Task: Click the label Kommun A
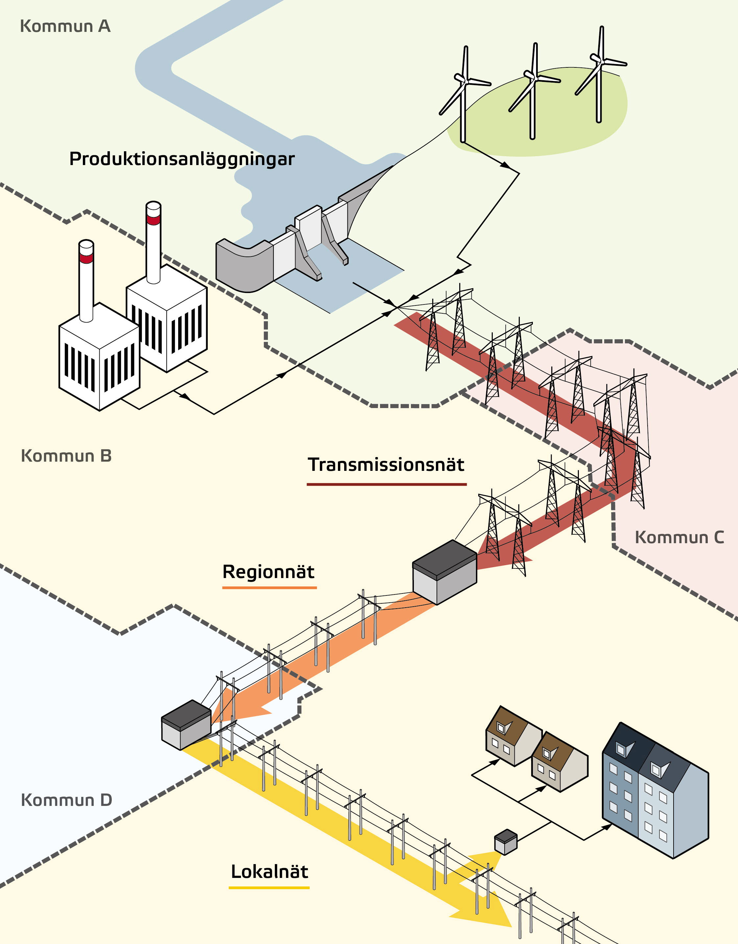point(65,26)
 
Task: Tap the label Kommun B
point(66,456)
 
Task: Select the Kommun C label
point(679,538)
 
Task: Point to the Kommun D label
point(66,800)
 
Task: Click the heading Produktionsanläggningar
point(182,159)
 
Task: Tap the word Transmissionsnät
point(386,465)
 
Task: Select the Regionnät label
point(268,572)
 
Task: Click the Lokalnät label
point(270,872)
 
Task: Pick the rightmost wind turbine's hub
point(600,59)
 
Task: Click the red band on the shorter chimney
point(86,258)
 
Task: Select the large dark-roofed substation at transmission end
point(445,571)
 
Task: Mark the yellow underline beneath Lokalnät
point(269,887)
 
